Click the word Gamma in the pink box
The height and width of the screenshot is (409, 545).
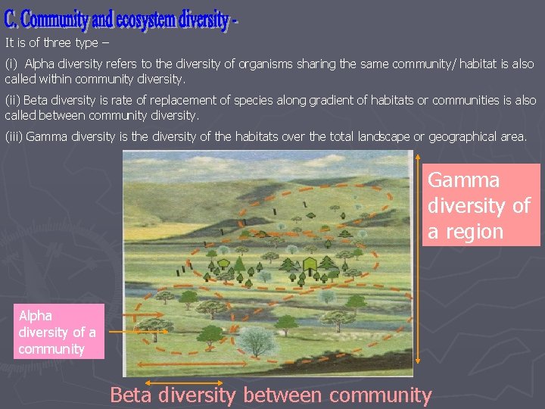[x=464, y=180]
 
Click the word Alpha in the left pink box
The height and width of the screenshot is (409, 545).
[x=36, y=315]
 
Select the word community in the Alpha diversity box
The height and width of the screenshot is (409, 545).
[x=51, y=349]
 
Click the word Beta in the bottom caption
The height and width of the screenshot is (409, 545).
[x=133, y=395]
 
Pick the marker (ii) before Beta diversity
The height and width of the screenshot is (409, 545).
[x=13, y=101]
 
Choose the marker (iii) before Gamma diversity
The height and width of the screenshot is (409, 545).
[x=14, y=137]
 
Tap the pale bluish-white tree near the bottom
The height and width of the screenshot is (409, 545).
[x=257, y=341]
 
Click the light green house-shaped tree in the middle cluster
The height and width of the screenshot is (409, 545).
[x=310, y=264]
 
